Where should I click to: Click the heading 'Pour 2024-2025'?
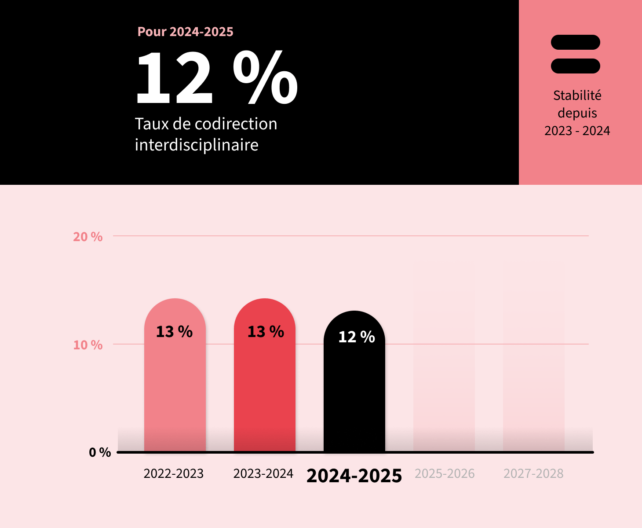(x=185, y=32)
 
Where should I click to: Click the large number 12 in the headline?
(x=174, y=78)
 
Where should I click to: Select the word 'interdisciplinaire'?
(x=196, y=145)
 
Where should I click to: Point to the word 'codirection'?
(x=236, y=124)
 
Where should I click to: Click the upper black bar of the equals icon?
(x=575, y=42)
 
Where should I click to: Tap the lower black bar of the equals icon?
(x=575, y=66)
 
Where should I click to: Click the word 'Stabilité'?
(x=577, y=95)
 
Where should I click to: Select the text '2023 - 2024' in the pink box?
(x=577, y=131)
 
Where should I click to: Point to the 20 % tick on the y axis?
(x=88, y=237)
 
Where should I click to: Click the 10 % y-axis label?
(x=88, y=345)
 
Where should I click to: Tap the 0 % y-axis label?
(x=100, y=452)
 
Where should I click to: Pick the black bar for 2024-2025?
(x=354, y=396)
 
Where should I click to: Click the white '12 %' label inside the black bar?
(x=356, y=337)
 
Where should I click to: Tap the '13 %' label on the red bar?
(x=265, y=332)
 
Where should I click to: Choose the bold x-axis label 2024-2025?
(x=354, y=476)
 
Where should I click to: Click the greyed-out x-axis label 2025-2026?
(x=445, y=474)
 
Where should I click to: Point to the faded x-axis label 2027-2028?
(x=533, y=474)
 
